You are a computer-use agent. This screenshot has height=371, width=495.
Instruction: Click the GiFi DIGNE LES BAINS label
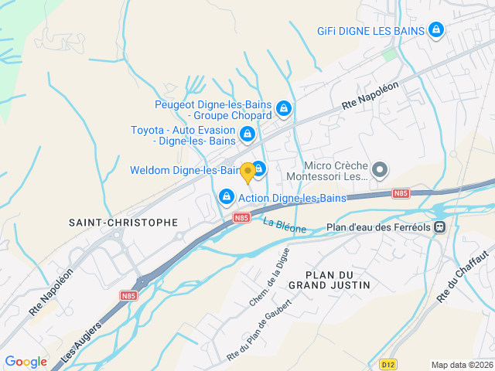point(371,31)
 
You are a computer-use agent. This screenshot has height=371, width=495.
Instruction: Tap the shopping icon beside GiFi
point(436,30)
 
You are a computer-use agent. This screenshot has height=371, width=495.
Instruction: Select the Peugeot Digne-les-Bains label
point(213,110)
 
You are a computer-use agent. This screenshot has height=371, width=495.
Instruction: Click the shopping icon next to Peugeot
point(284,108)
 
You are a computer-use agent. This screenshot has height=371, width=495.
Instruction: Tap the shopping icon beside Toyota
point(247,134)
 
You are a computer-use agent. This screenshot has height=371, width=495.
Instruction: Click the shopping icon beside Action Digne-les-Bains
point(226,198)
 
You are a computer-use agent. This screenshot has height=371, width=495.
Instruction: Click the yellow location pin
point(247,173)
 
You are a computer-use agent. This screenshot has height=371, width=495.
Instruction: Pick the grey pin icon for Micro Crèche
point(380,169)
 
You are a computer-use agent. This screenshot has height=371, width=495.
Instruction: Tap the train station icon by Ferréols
point(439,227)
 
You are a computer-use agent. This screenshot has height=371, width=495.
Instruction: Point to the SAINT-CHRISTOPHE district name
point(123,223)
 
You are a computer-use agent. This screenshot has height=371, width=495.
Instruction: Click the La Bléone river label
point(285,226)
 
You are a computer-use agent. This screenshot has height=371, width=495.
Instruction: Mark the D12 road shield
point(388,362)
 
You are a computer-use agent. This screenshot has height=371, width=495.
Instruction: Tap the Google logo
point(26,361)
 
